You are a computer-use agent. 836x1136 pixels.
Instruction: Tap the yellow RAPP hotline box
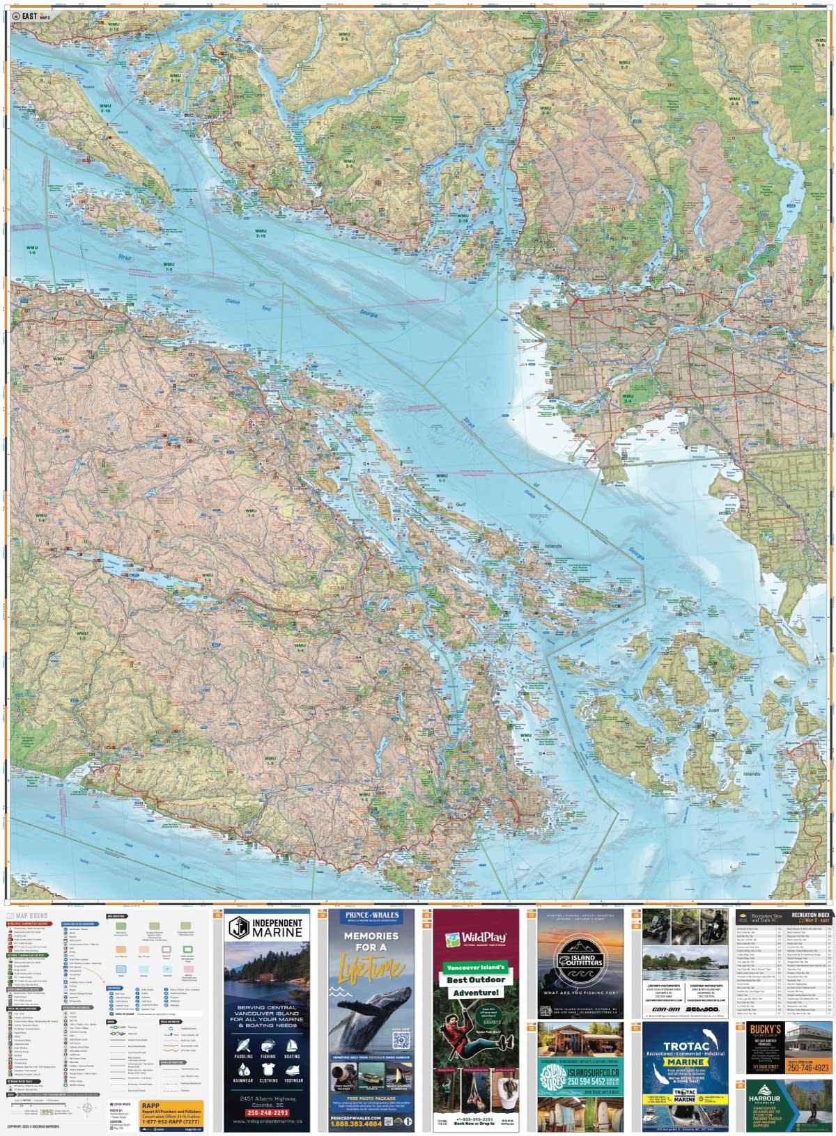click(x=171, y=1110)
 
